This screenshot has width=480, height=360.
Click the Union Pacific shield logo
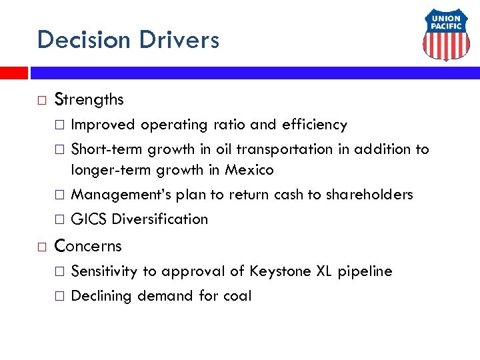tap(446, 37)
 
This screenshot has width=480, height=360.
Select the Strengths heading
tap(89, 100)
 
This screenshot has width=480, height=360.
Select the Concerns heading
tap(88, 246)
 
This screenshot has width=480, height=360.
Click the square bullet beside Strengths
tap(42, 101)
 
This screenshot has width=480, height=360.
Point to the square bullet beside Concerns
tap(42, 247)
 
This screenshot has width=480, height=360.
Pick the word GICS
tap(89, 219)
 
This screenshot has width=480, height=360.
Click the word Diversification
tap(160, 219)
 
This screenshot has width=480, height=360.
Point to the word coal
tap(238, 296)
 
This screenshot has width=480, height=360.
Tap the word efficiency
tap(315, 125)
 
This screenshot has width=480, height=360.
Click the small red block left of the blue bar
tap(13, 73)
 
